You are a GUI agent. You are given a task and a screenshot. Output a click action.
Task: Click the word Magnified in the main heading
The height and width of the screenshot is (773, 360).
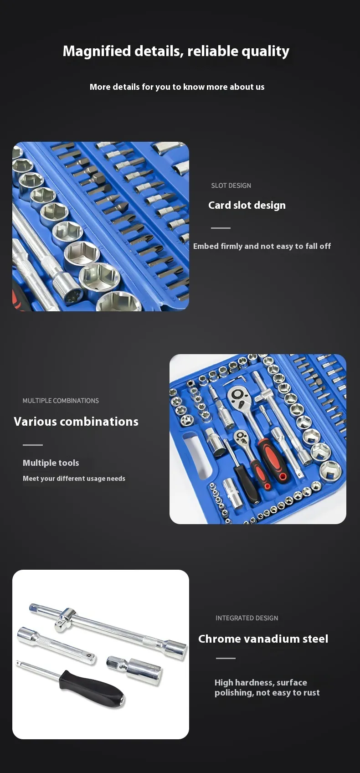pyautogui.click(x=97, y=52)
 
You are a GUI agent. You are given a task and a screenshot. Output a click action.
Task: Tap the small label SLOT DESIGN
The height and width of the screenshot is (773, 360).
pyautogui.click(x=231, y=186)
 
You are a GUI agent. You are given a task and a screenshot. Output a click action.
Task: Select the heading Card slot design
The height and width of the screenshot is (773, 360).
pyautogui.click(x=247, y=205)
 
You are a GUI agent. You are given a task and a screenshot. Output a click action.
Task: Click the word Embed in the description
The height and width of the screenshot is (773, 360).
pyautogui.click(x=206, y=246)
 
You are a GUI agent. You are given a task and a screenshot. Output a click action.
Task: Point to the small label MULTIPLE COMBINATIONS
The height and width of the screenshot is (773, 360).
pyautogui.click(x=61, y=401)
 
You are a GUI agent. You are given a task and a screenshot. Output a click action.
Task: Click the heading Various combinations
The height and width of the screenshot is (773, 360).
pyautogui.click(x=76, y=421)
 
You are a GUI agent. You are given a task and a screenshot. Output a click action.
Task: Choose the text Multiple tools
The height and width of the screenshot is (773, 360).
pyautogui.click(x=51, y=463)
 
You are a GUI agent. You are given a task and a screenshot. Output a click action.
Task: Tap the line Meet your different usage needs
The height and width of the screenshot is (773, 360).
pyautogui.click(x=74, y=479)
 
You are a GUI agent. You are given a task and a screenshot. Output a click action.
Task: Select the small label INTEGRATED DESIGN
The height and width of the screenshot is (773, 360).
pyautogui.click(x=247, y=618)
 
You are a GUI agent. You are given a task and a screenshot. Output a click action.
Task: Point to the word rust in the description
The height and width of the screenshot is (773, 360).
pyautogui.click(x=312, y=693)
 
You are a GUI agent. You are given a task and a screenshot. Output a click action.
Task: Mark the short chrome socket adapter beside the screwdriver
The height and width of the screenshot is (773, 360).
pyautogui.click(x=134, y=669)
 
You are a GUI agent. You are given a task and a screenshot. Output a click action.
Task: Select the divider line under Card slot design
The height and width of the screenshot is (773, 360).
pyautogui.click(x=221, y=228)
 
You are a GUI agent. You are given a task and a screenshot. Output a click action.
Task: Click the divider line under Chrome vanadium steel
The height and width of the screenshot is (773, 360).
pyautogui.click(x=226, y=658)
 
